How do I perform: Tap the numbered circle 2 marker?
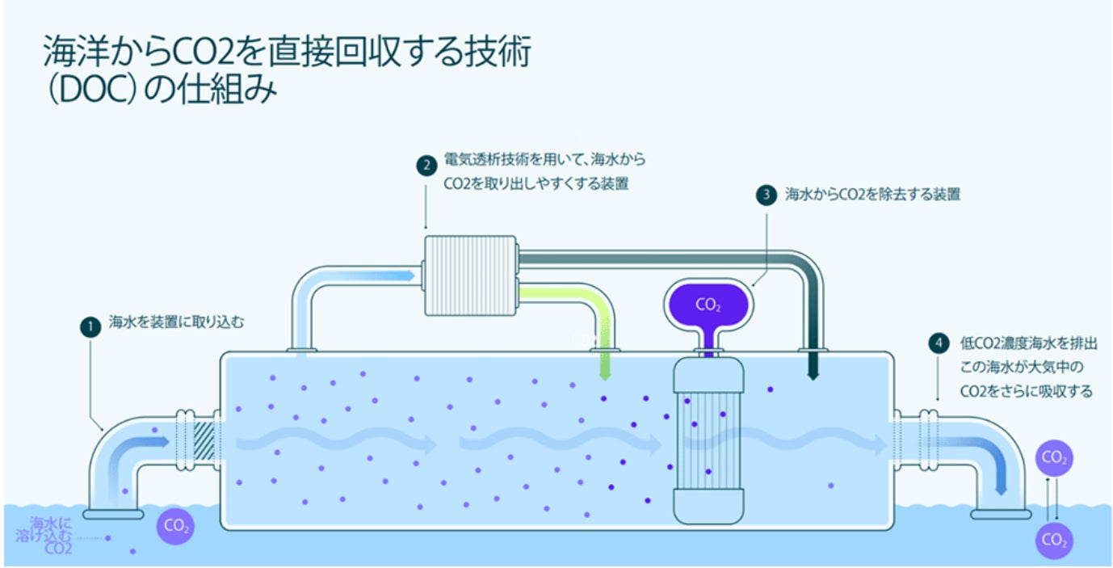pyautogui.click(x=426, y=166)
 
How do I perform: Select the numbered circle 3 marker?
pyautogui.click(x=765, y=195)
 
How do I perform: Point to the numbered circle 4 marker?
pyautogui.click(x=939, y=343)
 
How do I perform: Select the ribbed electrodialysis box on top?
pyautogui.click(x=470, y=275)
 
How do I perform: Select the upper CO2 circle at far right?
pyautogui.click(x=1054, y=457)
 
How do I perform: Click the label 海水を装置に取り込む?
pyautogui.click(x=176, y=322)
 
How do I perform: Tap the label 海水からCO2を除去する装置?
pyautogui.click(x=872, y=195)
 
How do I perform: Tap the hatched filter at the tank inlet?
pyautogui.click(x=208, y=441)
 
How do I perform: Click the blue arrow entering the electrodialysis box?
pyautogui.click(x=396, y=276)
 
